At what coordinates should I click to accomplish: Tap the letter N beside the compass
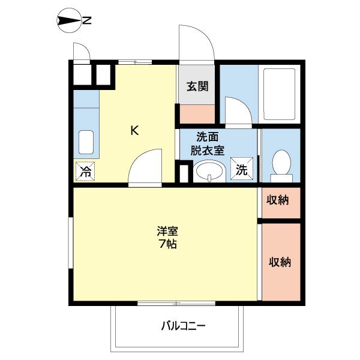click(x=87, y=22)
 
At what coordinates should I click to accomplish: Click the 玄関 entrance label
click(x=196, y=86)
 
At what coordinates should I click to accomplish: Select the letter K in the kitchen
click(x=135, y=130)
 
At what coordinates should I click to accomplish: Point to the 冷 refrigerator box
click(x=85, y=172)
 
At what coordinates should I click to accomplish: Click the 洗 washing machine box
click(x=241, y=169)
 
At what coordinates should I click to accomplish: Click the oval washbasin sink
click(x=208, y=172)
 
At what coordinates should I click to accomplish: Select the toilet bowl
click(x=280, y=163)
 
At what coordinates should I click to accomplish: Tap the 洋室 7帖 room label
click(x=167, y=237)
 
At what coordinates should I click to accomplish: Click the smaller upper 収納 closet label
click(x=278, y=200)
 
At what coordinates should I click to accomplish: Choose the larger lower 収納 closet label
click(x=280, y=262)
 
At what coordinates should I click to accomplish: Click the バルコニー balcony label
click(x=183, y=327)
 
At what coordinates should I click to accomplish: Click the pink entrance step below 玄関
click(x=196, y=112)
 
